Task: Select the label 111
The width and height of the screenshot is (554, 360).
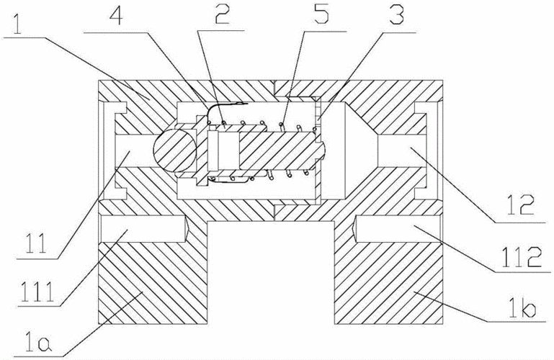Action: click(x=37, y=292)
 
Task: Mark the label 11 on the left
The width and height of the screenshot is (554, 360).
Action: click(x=35, y=243)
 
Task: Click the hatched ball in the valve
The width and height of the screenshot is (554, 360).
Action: click(x=174, y=150)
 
